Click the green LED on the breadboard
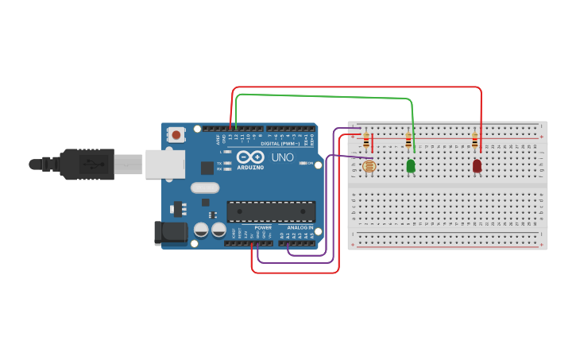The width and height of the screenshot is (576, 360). tap(411, 166)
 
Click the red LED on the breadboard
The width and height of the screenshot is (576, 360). tap(477, 166)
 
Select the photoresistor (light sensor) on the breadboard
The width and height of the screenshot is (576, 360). tap(368, 167)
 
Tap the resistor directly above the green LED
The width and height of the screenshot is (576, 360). tap(408, 141)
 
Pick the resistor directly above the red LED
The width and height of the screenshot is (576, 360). tap(475, 141)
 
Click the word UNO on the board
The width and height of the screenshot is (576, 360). tap(283, 157)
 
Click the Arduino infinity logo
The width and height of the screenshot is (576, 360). tap(249, 157)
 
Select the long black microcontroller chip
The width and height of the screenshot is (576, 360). tap(271, 211)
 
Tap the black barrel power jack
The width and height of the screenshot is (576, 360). tap(169, 232)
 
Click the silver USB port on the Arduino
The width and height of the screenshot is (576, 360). tap(164, 164)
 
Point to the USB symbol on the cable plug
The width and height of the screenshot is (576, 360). tap(95, 165)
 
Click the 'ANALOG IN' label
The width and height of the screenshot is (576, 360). tap(300, 227)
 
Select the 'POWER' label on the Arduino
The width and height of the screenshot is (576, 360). tap(263, 227)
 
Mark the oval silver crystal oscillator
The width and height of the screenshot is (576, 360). tap(204, 188)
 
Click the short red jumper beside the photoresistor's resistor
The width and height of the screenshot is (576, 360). tap(373, 142)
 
